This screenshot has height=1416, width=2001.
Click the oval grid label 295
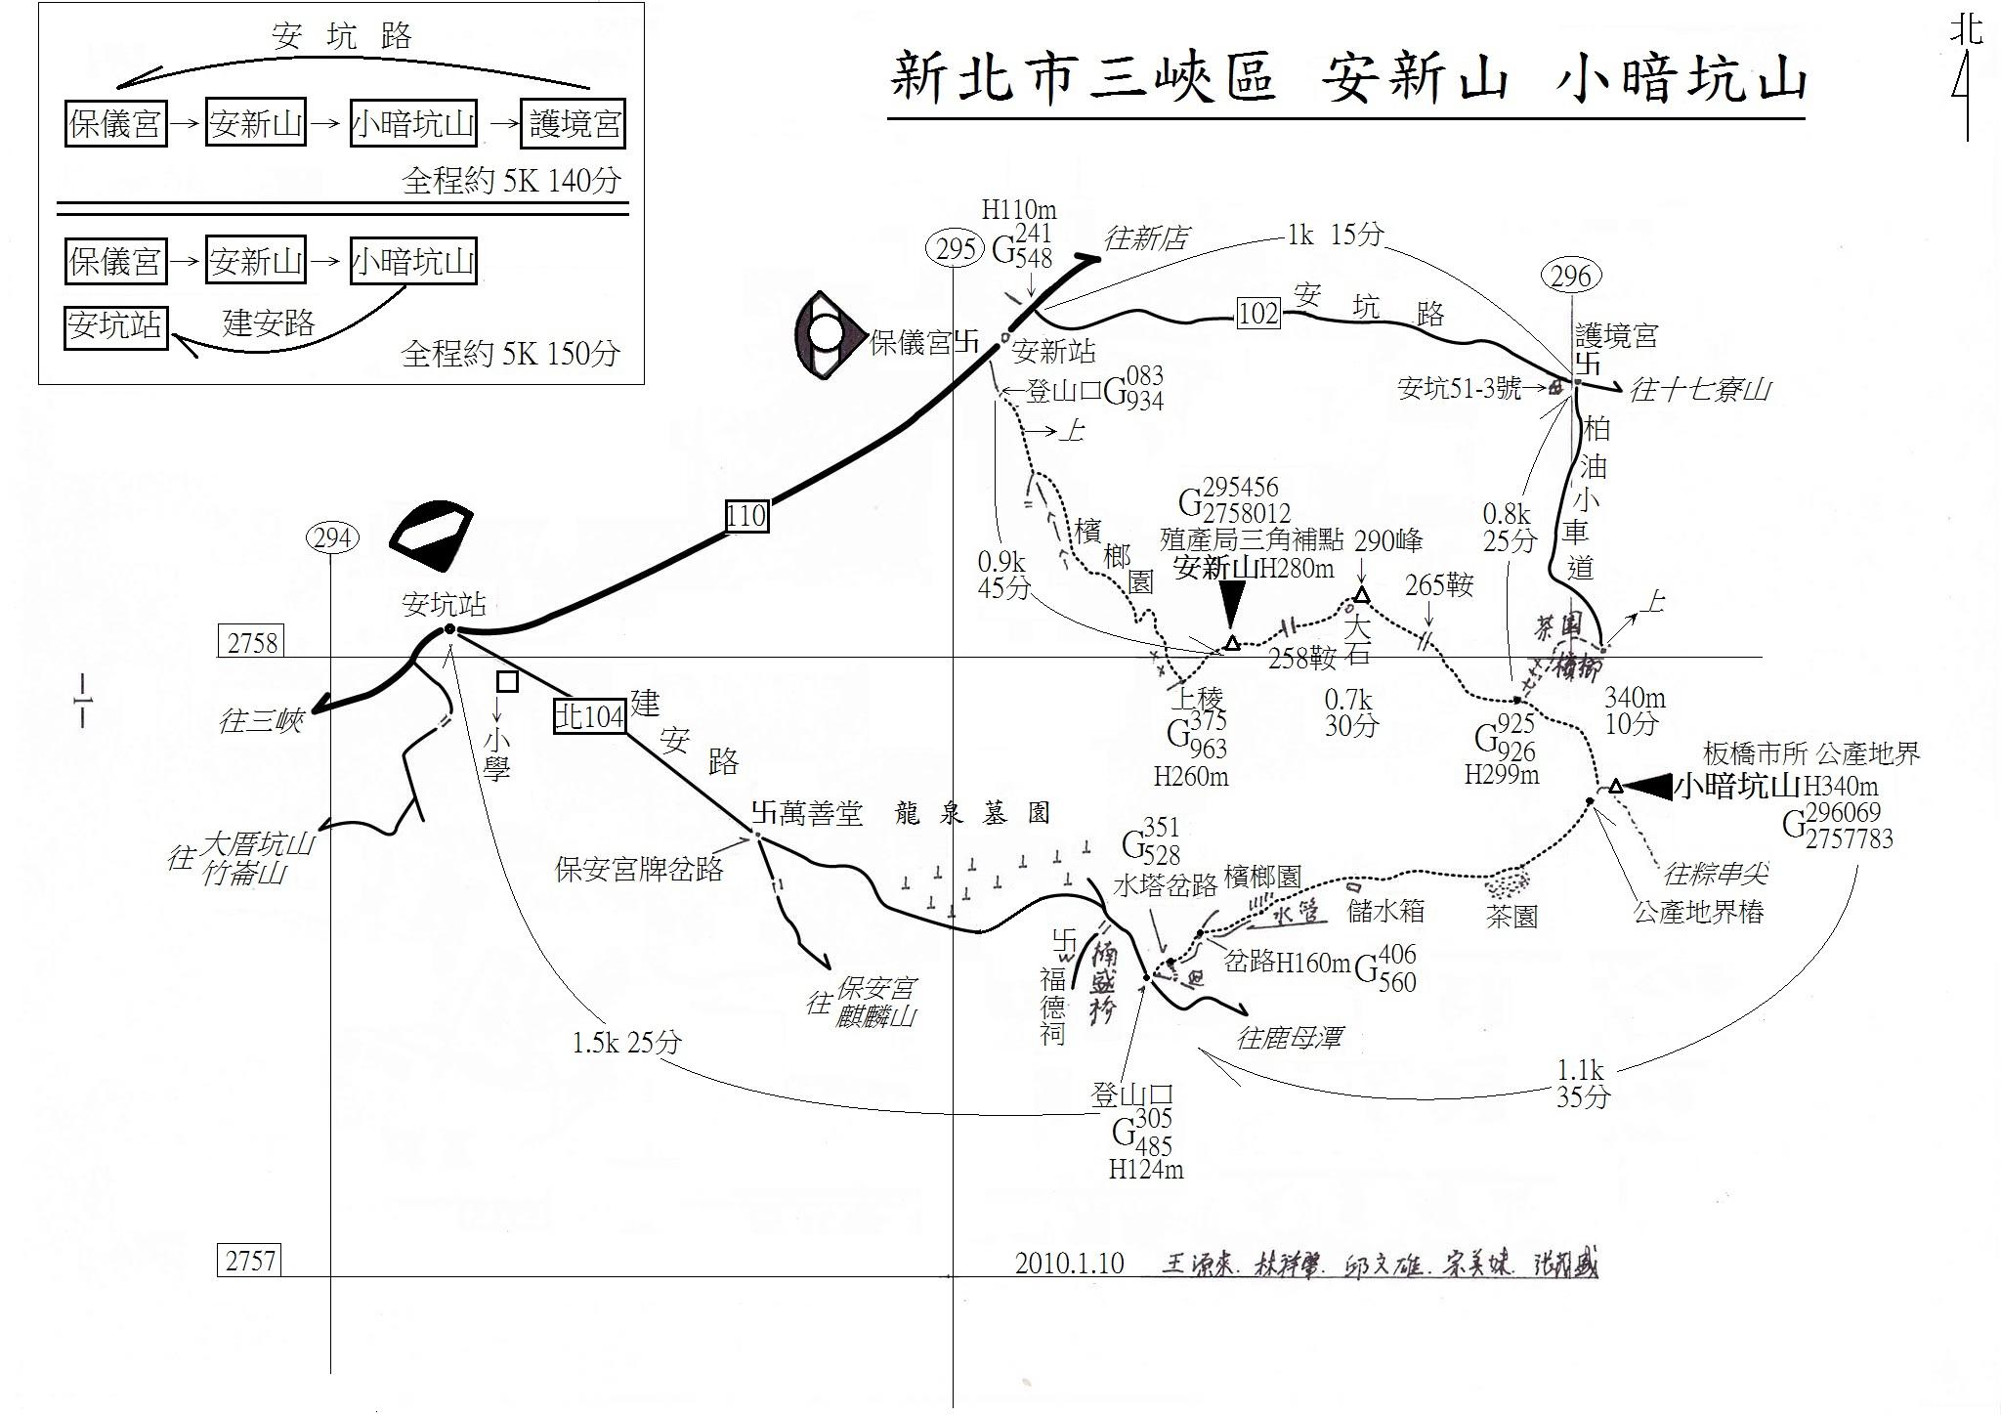955,249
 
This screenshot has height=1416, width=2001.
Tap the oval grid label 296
1570,277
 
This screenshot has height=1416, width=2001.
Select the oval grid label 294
332,537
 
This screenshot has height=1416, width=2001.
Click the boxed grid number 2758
252,643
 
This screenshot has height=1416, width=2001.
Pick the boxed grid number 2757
250,1261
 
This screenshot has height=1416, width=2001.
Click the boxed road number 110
746,515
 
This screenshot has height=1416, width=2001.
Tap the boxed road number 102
1257,313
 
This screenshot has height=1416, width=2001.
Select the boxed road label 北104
590,717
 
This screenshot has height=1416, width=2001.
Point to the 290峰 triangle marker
1361,595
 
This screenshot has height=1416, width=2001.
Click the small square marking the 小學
507,681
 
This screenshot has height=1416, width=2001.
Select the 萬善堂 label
819,813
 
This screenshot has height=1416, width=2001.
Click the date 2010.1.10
1069,1264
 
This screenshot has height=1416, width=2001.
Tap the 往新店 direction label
1146,238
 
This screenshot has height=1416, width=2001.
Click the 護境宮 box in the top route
574,124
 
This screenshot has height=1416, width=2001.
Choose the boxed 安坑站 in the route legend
115,326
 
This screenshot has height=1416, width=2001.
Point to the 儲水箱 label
1385,912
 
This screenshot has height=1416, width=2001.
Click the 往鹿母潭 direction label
1289,1037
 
